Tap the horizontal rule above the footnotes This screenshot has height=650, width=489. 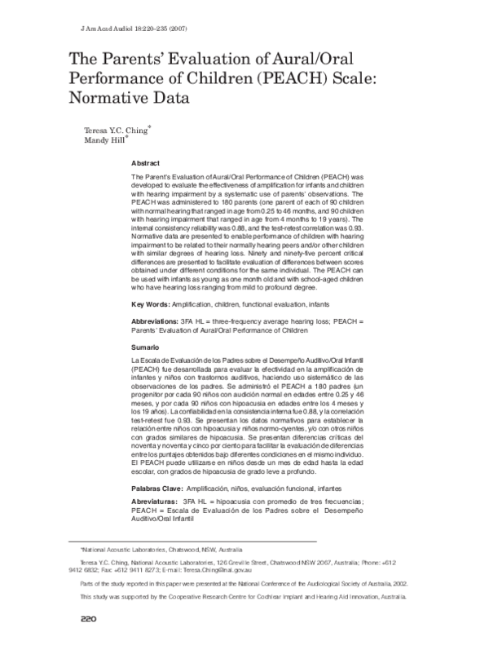[x=196, y=544]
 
